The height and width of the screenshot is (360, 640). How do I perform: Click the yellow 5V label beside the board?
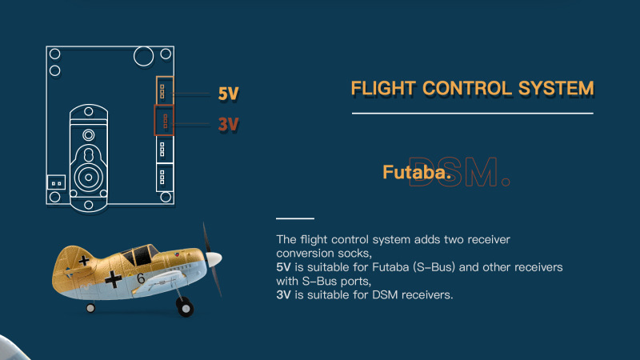click(228, 94)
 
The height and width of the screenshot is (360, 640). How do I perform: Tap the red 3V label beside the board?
click(228, 124)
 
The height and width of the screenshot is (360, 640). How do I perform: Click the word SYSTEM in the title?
click(556, 88)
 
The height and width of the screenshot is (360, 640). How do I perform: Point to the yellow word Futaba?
click(417, 172)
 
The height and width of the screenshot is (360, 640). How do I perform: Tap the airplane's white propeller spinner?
click(214, 258)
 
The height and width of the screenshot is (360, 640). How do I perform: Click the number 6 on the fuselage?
click(141, 278)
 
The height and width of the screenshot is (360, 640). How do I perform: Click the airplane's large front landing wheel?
click(185, 307)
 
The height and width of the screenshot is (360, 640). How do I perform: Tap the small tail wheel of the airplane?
click(90, 308)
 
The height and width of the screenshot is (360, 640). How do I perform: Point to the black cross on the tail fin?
click(84, 261)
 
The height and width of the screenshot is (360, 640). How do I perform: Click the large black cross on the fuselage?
click(113, 279)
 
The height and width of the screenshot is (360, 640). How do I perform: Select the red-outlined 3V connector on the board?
click(164, 120)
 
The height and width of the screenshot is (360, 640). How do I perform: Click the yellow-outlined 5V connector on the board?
click(165, 90)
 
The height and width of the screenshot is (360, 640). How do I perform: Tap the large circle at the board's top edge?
click(144, 56)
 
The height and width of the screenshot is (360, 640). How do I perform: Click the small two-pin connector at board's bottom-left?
click(56, 182)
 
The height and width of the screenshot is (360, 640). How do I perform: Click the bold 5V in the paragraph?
click(283, 267)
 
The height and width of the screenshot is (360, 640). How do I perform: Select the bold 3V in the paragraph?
click(283, 294)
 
